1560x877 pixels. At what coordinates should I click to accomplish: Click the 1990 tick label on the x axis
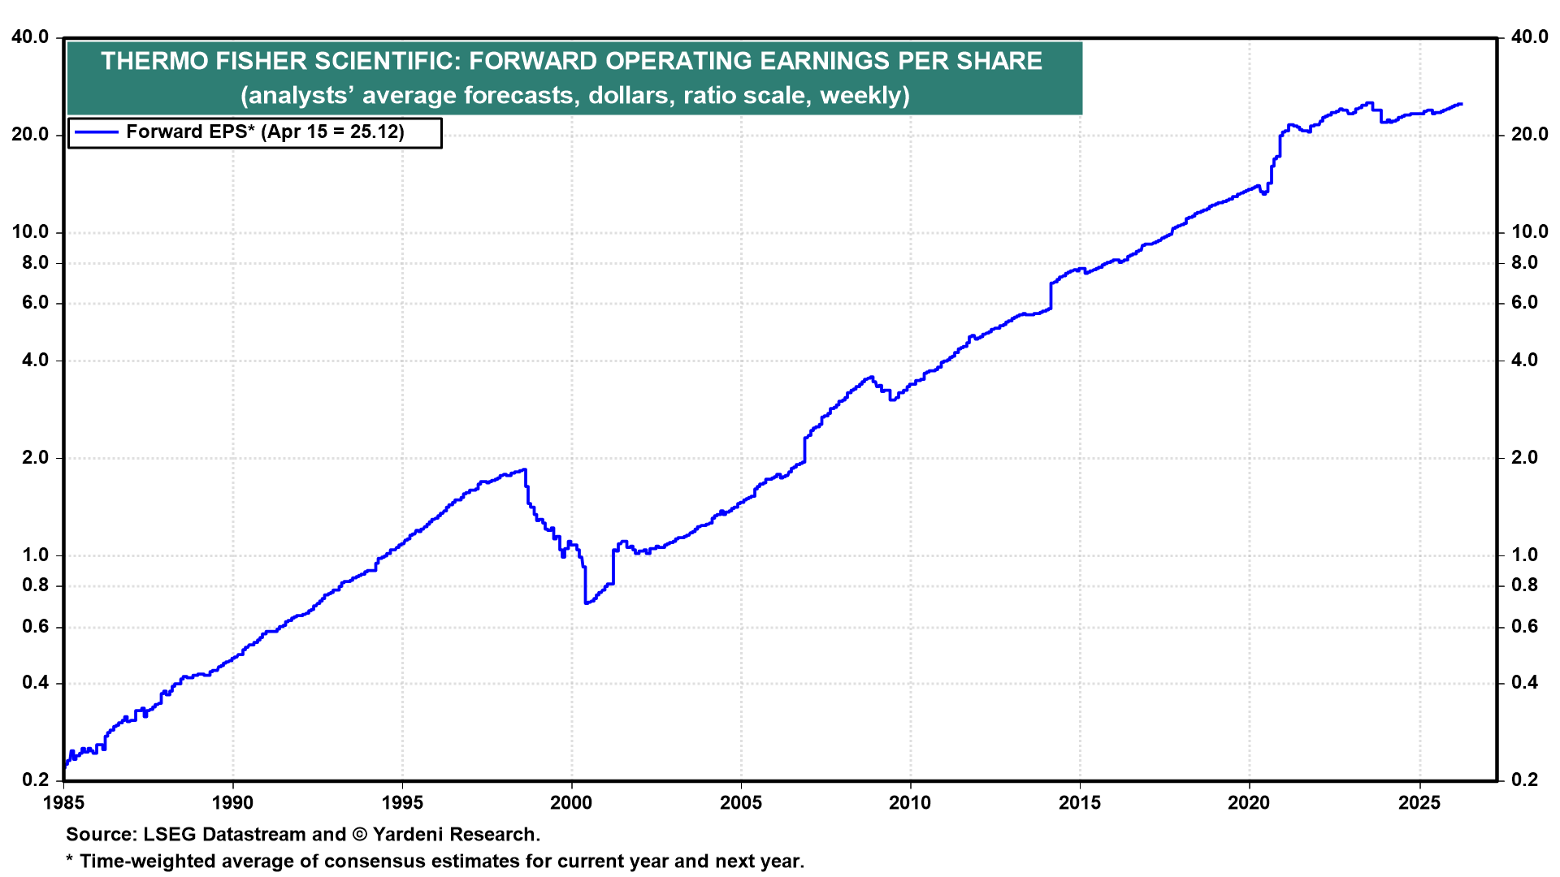(232, 803)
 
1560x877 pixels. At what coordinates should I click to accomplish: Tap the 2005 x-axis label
(741, 803)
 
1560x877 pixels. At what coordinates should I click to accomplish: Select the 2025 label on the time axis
(1419, 803)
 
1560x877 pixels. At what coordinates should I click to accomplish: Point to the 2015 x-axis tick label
(1080, 803)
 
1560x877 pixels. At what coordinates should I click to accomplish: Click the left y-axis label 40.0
(30, 37)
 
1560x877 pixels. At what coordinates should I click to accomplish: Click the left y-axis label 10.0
(30, 232)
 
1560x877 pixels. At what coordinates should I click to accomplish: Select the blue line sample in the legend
(96, 132)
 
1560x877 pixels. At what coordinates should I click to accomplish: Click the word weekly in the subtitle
(863, 96)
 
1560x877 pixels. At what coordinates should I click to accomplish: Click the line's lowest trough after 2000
(586, 603)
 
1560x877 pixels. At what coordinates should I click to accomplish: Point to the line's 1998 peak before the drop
(525, 469)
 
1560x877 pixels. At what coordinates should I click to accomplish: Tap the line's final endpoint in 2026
(1462, 104)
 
